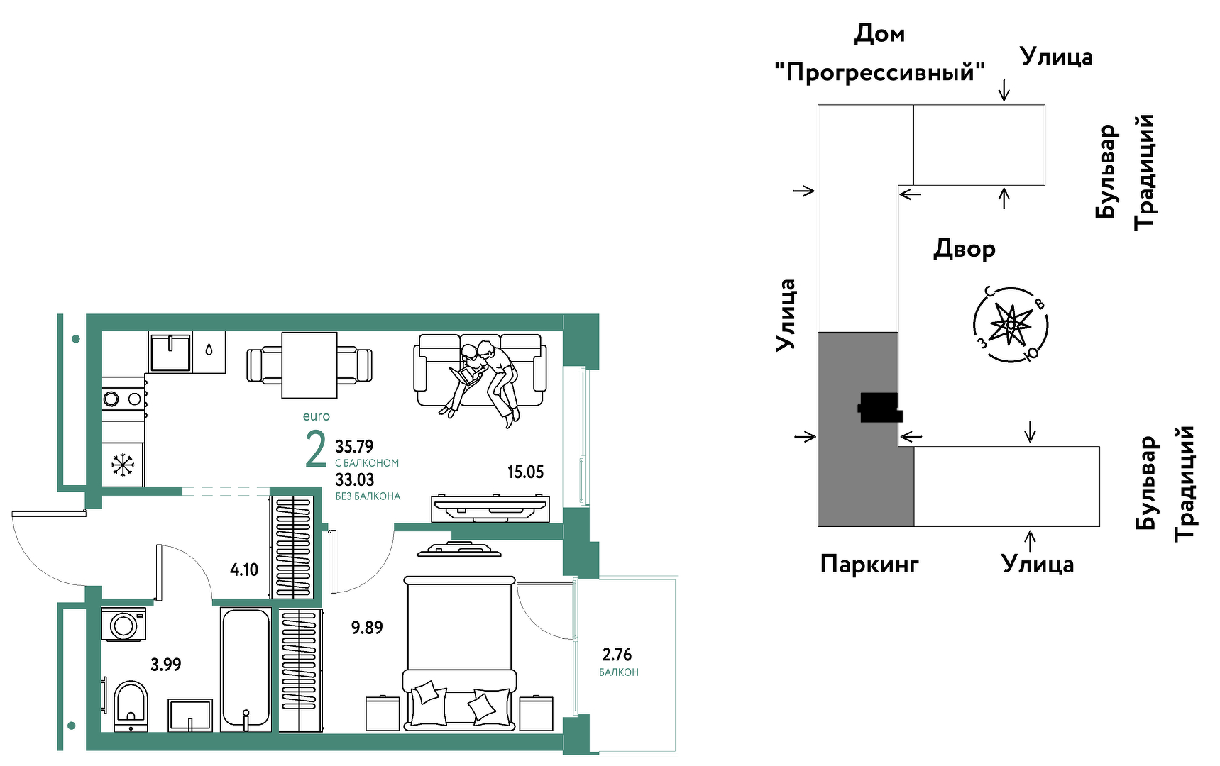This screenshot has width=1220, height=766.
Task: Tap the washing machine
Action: (124, 625)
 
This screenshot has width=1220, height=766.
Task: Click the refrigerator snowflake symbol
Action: (123, 465)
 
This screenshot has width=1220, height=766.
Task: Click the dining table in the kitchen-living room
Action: (309, 365)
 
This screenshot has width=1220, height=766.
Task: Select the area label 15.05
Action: (525, 472)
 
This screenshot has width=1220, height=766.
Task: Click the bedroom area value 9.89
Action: (367, 628)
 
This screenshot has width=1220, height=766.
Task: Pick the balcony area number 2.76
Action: (617, 654)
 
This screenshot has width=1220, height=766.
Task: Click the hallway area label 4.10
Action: (244, 570)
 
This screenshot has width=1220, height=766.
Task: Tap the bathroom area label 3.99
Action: (165, 665)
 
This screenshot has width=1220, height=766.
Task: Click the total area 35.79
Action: (354, 447)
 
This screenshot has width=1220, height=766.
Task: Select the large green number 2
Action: (316, 450)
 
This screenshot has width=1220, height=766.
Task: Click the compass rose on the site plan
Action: (1010, 326)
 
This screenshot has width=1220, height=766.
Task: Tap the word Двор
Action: (964, 249)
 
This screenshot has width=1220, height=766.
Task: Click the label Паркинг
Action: (869, 565)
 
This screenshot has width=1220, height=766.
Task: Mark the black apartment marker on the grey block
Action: (880, 408)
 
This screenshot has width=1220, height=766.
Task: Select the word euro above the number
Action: (316, 416)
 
